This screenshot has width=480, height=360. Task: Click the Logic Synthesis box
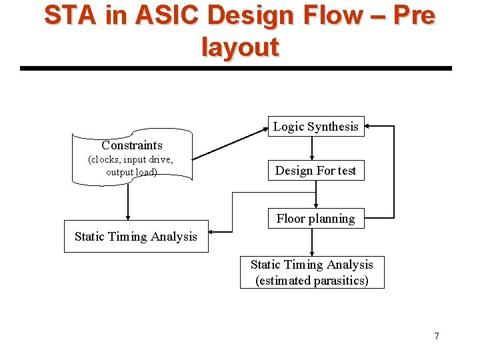tap(316, 126)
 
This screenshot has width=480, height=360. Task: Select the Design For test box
tap(316, 171)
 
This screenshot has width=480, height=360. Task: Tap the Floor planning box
tap(316, 219)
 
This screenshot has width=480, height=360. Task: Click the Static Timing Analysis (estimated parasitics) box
tap(312, 273)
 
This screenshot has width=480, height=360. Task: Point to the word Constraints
tap(132, 145)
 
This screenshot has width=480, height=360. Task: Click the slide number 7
tap(437, 336)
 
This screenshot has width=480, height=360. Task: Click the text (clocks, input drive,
tap(131, 159)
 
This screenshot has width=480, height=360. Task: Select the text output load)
tap(131, 172)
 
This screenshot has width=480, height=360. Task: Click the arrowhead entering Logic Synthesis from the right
tap(369, 125)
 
